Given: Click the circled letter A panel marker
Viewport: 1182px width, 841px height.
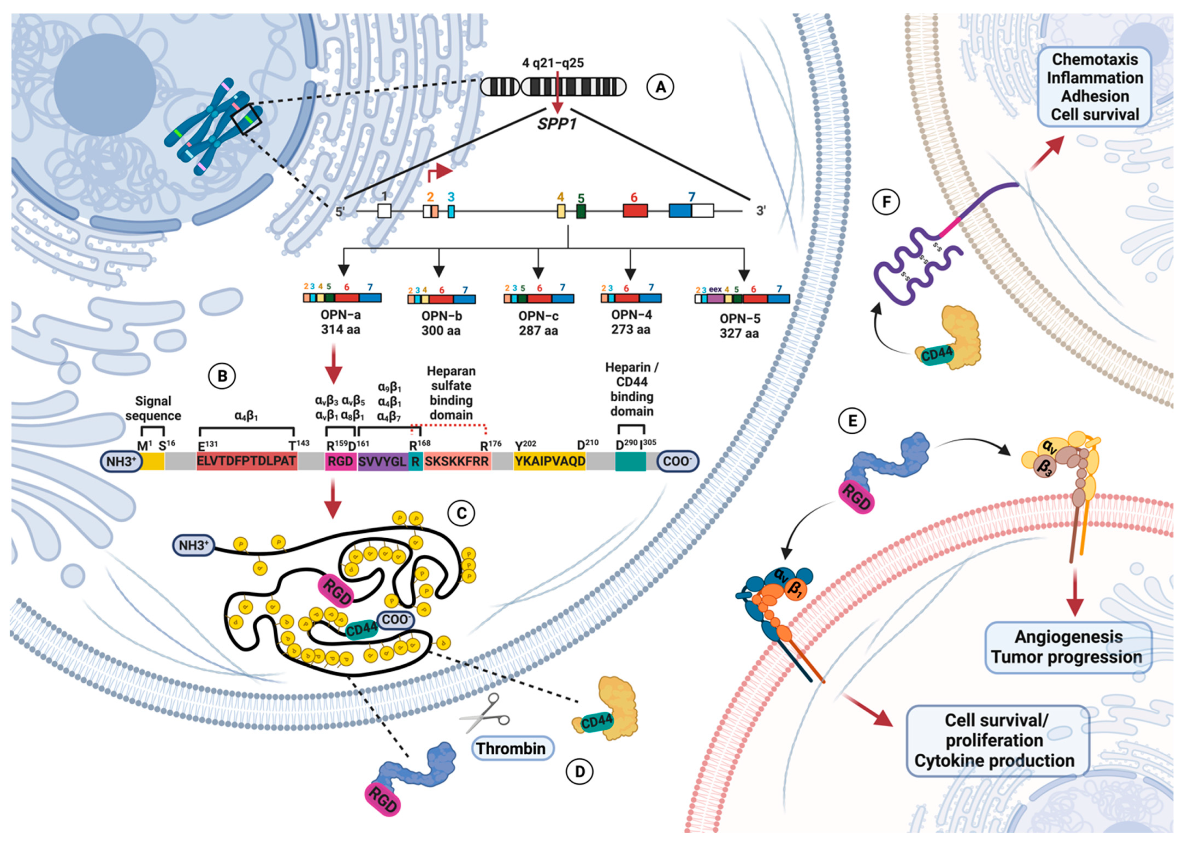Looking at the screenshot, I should pyautogui.click(x=660, y=87).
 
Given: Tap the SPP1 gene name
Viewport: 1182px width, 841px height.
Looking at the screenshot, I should pyautogui.click(x=557, y=124).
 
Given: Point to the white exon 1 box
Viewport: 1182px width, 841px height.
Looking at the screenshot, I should pyautogui.click(x=384, y=211).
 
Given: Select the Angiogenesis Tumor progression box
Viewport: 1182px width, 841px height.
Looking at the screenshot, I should pyautogui.click(x=1068, y=647).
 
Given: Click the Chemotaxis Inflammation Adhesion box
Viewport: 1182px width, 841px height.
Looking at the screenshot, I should pyautogui.click(x=1094, y=86).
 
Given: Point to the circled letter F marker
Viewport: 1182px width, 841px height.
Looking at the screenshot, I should pyautogui.click(x=886, y=201).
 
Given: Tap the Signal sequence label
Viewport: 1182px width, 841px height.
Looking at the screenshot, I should pyautogui.click(x=153, y=408).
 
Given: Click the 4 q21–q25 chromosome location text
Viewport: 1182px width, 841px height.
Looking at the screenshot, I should pyautogui.click(x=553, y=63).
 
